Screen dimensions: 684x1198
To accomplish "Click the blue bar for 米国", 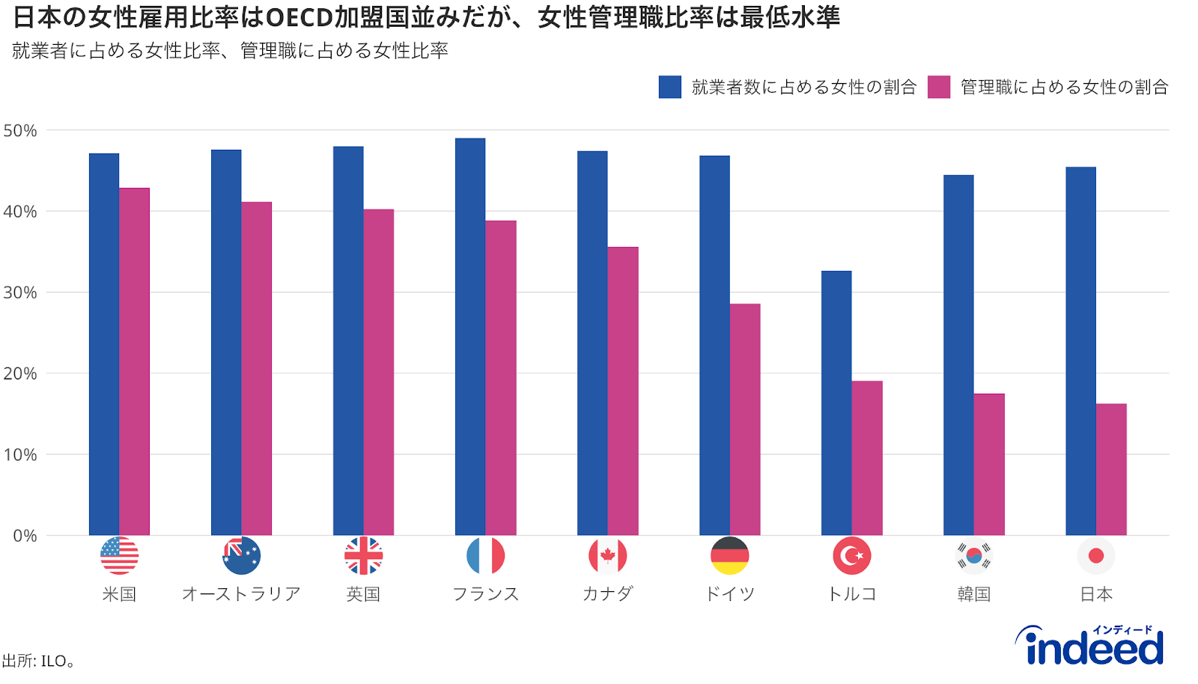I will pyautogui.click(x=104, y=344).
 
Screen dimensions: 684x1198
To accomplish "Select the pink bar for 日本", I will pyautogui.click(x=1111, y=469).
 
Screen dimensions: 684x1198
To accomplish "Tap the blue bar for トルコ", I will pyautogui.click(x=836, y=403).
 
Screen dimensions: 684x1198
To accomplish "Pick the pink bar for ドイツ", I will pyautogui.click(x=745, y=419).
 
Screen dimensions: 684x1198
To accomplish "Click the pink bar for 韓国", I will pyautogui.click(x=989, y=464).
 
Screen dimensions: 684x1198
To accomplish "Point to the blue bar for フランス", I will pyautogui.click(x=470, y=337).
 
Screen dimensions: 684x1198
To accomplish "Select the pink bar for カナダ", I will pyautogui.click(x=623, y=391).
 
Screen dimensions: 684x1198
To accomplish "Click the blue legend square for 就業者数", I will pyautogui.click(x=669, y=87).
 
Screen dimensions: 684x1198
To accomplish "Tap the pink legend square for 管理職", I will pyautogui.click(x=938, y=87).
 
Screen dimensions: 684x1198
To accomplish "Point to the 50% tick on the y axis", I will pyautogui.click(x=20, y=131).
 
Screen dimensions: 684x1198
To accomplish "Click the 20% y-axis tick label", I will pyautogui.click(x=20, y=373).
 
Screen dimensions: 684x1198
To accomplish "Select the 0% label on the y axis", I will pyautogui.click(x=25, y=536).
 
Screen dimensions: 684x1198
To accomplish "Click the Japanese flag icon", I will pyautogui.click(x=1096, y=556).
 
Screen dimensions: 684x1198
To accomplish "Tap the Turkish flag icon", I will pyautogui.click(x=852, y=556).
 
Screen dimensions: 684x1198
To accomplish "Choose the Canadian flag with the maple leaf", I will pyautogui.click(x=607, y=556).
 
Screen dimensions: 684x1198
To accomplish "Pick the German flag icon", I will pyautogui.click(x=730, y=556).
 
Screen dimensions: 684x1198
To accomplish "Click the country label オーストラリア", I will pyautogui.click(x=241, y=594).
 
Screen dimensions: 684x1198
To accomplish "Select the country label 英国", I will pyautogui.click(x=363, y=594).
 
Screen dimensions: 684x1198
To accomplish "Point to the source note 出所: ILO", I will pyautogui.click(x=37, y=661).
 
